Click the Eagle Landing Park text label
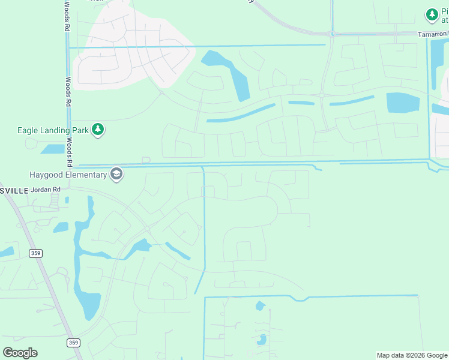(x=53, y=129)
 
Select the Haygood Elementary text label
(x=68, y=175)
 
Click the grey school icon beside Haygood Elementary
(x=116, y=174)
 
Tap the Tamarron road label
(x=433, y=34)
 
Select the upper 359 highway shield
(x=35, y=254)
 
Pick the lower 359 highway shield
(x=73, y=343)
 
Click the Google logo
(x=20, y=353)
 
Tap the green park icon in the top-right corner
(x=432, y=14)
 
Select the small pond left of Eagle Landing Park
(x=53, y=149)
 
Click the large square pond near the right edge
(x=403, y=103)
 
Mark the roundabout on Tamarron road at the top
(x=332, y=34)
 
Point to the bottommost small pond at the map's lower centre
(x=262, y=340)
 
